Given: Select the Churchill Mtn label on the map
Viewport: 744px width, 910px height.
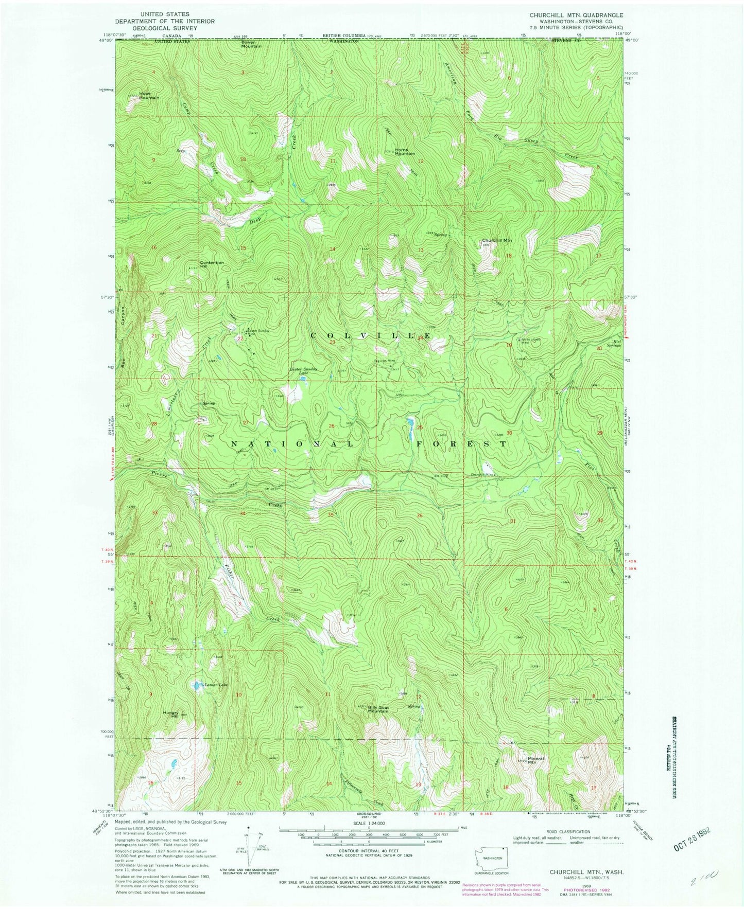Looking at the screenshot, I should (497, 240).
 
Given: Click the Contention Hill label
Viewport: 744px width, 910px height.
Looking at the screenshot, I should (212, 264).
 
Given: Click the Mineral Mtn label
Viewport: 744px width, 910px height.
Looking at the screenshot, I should (535, 760).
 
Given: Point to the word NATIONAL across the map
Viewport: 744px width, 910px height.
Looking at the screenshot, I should (291, 443).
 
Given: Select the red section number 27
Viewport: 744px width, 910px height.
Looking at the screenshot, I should (246, 423).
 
